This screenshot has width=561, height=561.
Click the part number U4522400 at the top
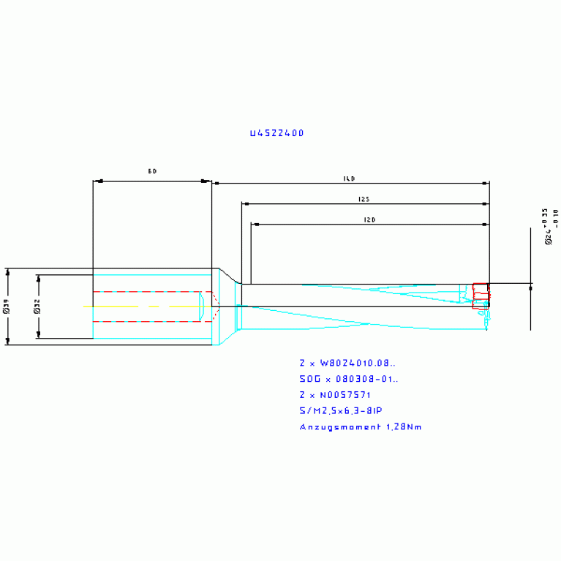tap(276, 133)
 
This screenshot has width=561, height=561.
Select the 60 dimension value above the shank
tap(152, 171)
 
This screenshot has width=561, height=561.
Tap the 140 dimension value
tap(349, 178)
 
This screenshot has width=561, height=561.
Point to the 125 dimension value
tap(364, 199)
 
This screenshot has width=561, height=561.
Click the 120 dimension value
tap(369, 219)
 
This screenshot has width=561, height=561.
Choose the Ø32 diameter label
tap(37, 306)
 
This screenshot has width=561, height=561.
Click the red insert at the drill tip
tap(481, 295)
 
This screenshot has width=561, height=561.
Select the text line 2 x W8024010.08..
tap(347, 362)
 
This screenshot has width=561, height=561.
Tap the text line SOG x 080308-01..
tap(349, 379)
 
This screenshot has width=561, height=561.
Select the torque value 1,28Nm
tap(403, 427)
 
